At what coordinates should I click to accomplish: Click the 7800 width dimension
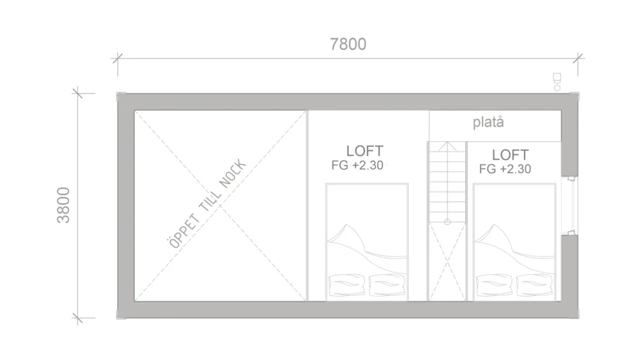(x=348, y=44)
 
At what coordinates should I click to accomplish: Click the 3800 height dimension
(x=63, y=205)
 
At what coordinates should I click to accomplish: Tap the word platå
(x=488, y=122)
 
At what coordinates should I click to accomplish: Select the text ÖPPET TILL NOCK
(x=208, y=204)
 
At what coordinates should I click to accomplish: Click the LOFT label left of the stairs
(x=365, y=151)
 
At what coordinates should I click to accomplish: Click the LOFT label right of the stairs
(x=510, y=155)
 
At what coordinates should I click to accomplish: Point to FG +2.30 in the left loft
(x=357, y=165)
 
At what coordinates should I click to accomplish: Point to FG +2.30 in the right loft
(x=505, y=169)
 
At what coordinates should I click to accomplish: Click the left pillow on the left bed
(x=347, y=285)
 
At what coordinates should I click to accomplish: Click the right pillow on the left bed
(x=387, y=285)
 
